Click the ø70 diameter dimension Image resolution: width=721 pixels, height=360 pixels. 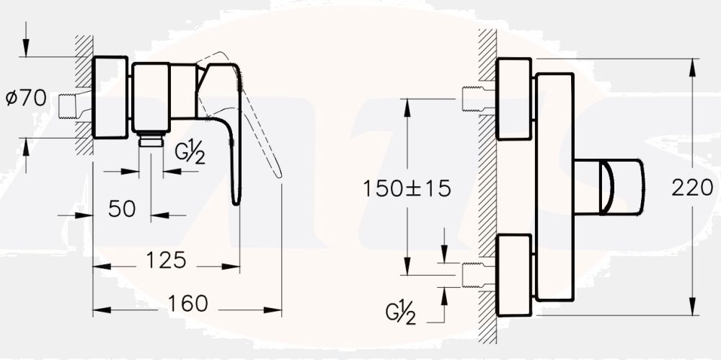point(27,97)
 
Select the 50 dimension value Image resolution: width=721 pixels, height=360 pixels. point(122,209)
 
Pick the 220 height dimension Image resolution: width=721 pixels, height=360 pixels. point(693,188)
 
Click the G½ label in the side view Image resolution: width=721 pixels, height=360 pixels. point(190,153)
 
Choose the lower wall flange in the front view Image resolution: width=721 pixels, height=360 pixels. point(514,275)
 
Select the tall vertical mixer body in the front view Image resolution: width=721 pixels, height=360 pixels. point(554,187)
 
